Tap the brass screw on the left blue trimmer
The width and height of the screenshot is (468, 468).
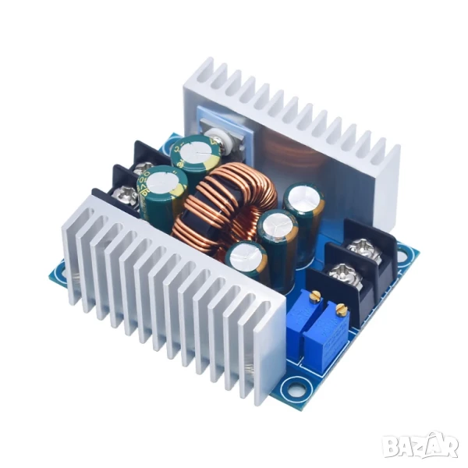point(315,296)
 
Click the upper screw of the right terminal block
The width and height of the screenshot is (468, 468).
point(362,249)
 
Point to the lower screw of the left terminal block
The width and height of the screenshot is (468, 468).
point(126,194)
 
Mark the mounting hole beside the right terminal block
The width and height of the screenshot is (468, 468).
point(402,253)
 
